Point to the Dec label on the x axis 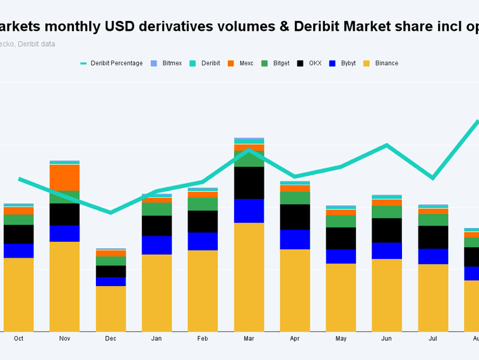coord(111,339)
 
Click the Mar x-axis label coord(249,339)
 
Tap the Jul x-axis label coord(433,339)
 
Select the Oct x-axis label coord(19,339)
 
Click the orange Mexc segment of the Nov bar coord(65,177)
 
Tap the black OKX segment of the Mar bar coord(249,183)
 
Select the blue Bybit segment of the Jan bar coord(157,245)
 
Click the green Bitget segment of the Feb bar coord(203,204)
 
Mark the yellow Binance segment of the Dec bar coord(111,309)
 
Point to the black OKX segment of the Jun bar coord(387,230)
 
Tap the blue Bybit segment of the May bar coord(341,256)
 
